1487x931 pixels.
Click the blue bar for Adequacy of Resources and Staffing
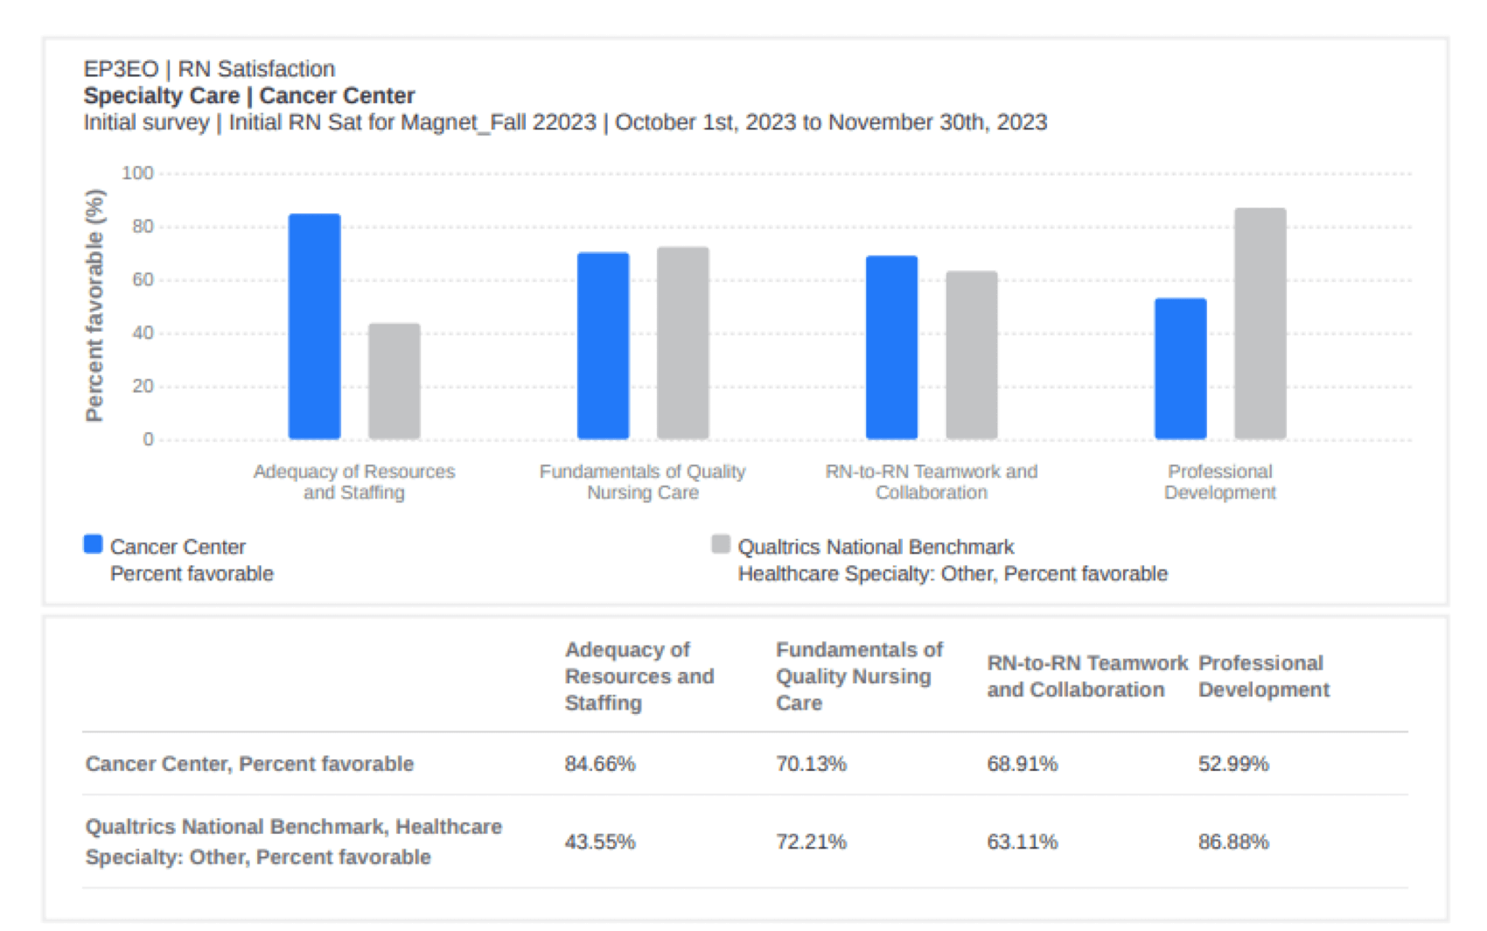(x=314, y=326)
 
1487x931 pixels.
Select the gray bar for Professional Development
(x=1260, y=324)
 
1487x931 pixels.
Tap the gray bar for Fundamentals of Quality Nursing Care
(x=682, y=343)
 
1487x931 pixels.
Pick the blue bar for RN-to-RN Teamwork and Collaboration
(x=891, y=347)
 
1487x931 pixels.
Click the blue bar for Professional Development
(x=1180, y=368)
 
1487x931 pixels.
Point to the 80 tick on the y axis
(x=143, y=227)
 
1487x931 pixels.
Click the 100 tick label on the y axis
(x=137, y=173)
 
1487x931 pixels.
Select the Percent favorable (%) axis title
(x=94, y=305)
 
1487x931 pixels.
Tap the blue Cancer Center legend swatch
(x=93, y=544)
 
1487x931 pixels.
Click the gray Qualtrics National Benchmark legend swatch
(x=721, y=544)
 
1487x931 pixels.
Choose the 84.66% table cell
(x=600, y=764)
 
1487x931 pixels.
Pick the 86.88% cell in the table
(x=1233, y=842)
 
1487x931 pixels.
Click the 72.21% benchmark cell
(x=811, y=842)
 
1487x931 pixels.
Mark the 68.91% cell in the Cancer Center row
(x=1022, y=764)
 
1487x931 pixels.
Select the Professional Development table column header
(x=1263, y=675)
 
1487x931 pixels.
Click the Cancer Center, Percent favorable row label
(x=249, y=764)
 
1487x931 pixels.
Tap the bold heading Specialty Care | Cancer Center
(x=248, y=95)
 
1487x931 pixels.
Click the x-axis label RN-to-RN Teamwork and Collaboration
(x=931, y=482)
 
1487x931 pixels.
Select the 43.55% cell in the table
(x=600, y=842)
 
